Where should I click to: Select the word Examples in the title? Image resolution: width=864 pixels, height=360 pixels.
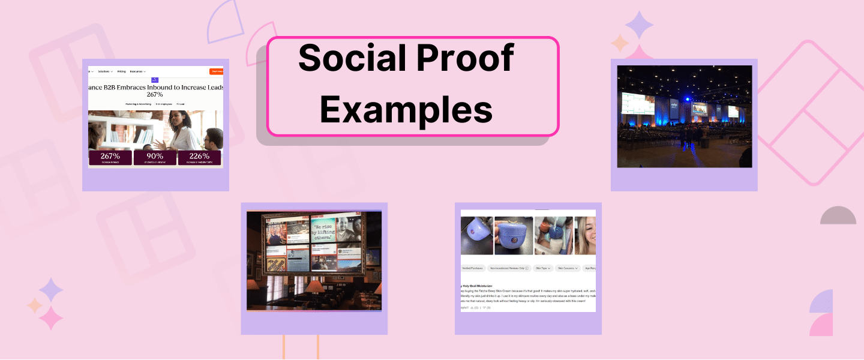[406, 109]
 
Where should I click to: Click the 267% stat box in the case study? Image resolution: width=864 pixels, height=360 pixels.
[110, 158]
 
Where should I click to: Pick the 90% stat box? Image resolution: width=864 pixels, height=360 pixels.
[155, 158]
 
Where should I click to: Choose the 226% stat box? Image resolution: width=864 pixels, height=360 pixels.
[199, 158]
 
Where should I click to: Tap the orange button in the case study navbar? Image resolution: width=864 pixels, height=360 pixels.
[217, 71]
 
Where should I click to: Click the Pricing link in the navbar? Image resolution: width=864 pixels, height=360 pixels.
[122, 71]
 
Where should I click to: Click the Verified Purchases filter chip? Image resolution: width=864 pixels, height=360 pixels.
[472, 268]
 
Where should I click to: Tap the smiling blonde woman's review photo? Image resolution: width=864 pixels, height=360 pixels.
[585, 235]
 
